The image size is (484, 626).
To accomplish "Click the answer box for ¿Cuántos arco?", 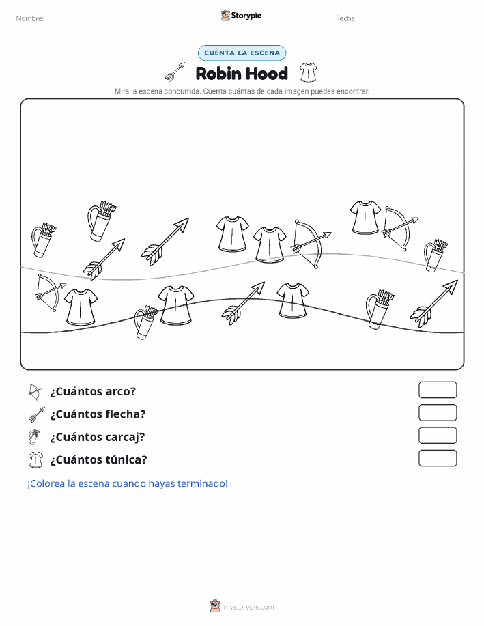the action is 438,390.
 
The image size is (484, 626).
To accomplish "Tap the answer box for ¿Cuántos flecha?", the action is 438,413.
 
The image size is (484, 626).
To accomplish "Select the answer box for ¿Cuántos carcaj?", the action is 438,436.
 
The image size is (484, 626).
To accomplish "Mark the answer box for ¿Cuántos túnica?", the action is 438,458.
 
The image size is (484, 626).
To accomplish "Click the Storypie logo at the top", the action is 241,16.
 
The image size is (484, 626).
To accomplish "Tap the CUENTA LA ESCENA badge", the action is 242,53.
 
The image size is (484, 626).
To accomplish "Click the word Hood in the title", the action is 266,74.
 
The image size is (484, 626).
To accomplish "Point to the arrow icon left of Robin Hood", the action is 175,72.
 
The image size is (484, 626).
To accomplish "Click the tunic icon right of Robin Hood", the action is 309,72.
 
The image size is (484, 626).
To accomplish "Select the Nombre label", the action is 30,18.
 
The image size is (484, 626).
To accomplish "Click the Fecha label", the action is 346,18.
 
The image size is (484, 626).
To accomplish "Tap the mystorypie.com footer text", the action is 248,607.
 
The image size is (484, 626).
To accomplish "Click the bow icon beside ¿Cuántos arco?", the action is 35,392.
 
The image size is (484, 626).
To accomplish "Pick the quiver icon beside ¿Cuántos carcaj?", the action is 34,437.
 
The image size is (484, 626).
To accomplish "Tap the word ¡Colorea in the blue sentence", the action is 46,483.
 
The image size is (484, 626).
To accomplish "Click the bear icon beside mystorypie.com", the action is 215,606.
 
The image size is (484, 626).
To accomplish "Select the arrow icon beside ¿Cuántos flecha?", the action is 37,414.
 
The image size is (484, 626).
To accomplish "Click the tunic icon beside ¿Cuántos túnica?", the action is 35,459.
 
